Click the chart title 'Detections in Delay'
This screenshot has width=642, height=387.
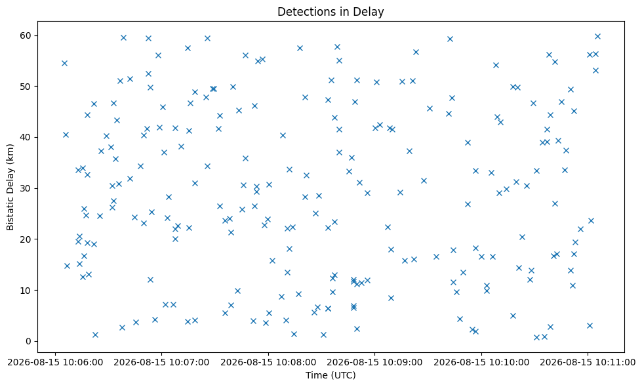pos(331,11)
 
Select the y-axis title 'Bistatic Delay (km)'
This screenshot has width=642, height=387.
pos(10,187)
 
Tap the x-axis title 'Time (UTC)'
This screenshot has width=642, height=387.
pos(331,375)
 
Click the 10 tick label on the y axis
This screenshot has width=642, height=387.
pos(26,291)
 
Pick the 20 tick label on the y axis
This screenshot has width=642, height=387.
pos(26,239)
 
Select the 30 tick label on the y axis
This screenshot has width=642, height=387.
pos(26,188)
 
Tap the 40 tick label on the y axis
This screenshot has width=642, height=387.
pos(26,138)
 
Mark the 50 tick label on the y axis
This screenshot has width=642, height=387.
pos(26,87)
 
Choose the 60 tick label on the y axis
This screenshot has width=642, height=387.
pos(26,35)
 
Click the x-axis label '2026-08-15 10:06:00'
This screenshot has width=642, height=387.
pos(55,363)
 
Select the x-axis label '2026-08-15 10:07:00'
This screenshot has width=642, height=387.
pos(161,363)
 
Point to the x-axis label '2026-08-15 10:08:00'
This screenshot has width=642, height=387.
pos(268,363)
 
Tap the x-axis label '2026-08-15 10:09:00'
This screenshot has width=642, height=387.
pos(374,363)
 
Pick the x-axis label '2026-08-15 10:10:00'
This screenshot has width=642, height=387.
pos(481,363)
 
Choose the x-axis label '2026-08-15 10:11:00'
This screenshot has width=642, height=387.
pos(588,363)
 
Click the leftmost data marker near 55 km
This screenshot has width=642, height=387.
pos(64,63)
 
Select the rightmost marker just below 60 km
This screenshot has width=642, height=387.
pos(597,37)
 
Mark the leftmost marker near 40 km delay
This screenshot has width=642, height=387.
pos(66,134)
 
